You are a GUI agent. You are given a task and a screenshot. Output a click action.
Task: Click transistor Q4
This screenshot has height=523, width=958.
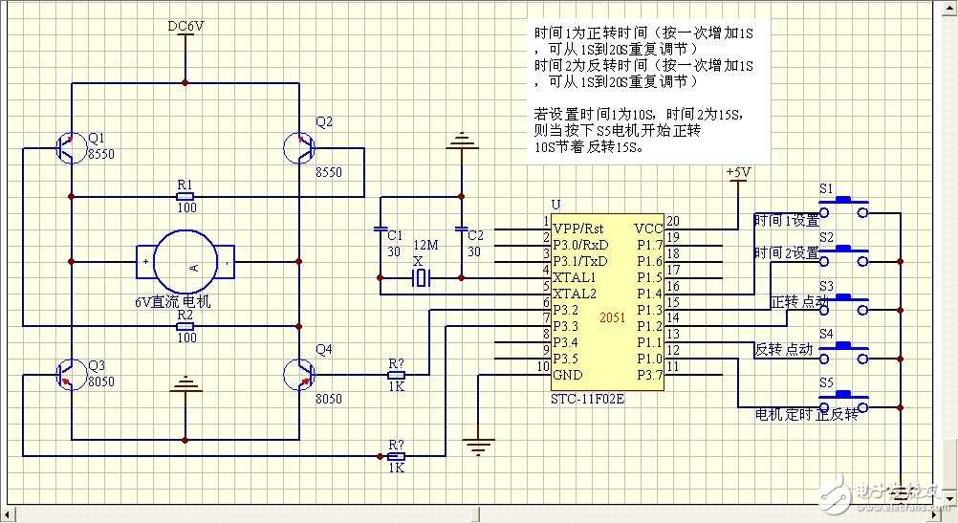[x=299, y=373]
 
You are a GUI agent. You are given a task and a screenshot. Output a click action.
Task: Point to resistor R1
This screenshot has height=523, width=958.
[x=185, y=196]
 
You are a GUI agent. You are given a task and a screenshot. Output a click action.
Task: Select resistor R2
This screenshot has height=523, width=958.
[x=185, y=326]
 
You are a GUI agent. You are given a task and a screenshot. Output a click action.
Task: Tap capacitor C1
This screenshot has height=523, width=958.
[x=380, y=230]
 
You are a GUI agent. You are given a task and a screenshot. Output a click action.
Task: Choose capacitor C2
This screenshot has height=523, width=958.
[x=463, y=230]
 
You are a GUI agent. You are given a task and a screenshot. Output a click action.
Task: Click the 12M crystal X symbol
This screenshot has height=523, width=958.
[x=420, y=278]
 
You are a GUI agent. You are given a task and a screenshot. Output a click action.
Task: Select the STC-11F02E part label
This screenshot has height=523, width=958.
[x=588, y=397]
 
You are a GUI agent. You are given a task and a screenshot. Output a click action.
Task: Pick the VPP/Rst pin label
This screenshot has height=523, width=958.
[x=578, y=228]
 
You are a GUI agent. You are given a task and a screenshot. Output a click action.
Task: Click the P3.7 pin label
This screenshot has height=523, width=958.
[x=648, y=374]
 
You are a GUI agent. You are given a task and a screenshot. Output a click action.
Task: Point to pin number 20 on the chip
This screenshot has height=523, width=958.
[x=672, y=221]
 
